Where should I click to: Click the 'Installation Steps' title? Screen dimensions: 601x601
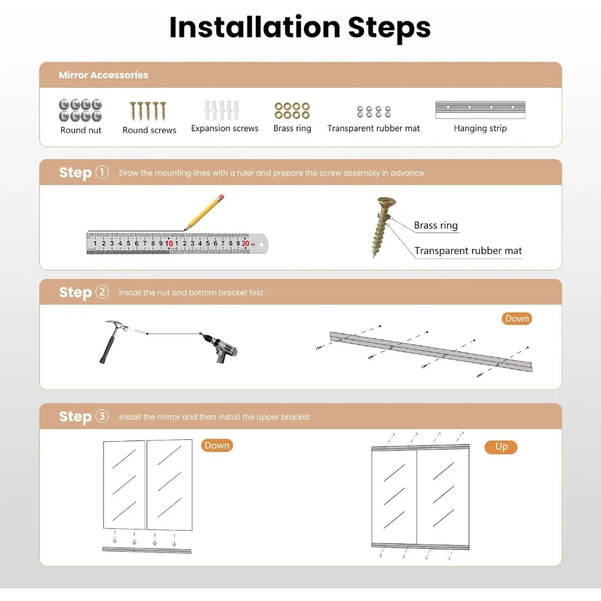coord(300,28)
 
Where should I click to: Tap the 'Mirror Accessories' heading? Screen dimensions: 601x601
coord(103,75)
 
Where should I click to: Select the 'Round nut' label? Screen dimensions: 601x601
coord(81,130)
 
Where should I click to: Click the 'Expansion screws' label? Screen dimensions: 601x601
coord(225,129)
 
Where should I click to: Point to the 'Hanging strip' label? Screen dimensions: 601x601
coord(480,129)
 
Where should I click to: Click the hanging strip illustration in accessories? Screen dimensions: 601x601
coord(480,110)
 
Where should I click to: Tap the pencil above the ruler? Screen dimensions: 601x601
coord(204,212)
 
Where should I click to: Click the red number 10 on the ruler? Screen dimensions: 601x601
coord(169,243)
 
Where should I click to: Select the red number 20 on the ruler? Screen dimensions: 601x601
coord(246,243)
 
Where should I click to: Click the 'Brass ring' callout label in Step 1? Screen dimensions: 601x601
coord(436,225)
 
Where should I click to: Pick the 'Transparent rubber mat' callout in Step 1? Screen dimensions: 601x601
coord(468,251)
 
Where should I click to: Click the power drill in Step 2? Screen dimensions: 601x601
coord(220,347)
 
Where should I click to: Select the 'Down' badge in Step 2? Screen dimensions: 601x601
coord(517,319)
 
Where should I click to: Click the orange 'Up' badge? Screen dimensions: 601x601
coord(501,447)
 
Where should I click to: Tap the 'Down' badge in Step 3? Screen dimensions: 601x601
coord(217,445)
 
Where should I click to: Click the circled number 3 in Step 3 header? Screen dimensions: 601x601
coord(102,416)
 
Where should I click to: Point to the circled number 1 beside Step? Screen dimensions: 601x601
coord(102,172)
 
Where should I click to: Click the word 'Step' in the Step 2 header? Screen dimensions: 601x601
coord(75,293)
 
